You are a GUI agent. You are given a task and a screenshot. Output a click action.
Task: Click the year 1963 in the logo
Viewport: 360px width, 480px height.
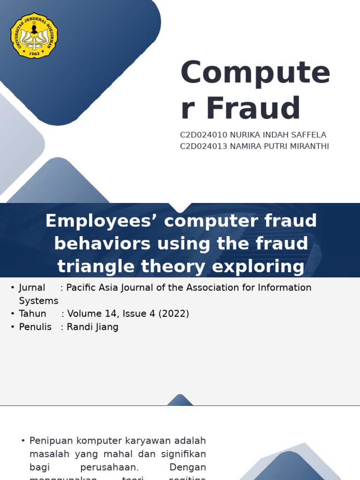(34, 53)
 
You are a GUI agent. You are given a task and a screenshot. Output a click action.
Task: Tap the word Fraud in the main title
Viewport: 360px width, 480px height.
(253, 108)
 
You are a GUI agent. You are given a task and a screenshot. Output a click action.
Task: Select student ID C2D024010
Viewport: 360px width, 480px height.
(203, 135)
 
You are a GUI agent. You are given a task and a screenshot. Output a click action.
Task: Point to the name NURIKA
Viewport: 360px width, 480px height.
(247, 135)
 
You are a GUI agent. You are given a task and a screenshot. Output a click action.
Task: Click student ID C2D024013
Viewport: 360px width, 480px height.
(203, 146)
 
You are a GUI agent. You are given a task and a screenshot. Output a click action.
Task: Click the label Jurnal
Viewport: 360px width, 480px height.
(32, 287)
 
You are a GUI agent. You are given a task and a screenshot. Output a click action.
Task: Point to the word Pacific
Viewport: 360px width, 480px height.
(82, 287)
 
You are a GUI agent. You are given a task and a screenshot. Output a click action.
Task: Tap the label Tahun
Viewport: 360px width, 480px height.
(33, 314)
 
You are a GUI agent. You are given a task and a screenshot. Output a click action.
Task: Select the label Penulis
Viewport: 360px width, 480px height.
(35, 327)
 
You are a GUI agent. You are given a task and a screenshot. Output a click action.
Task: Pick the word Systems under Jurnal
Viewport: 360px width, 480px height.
(38, 300)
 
